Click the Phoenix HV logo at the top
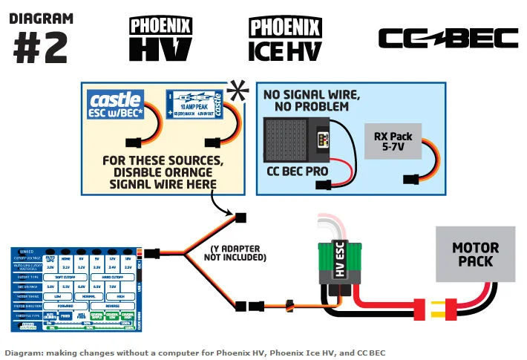pyautogui.click(x=161, y=39)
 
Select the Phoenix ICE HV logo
pyautogui.click(x=284, y=39)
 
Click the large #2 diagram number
pyautogui.click(x=41, y=47)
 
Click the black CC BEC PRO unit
pyautogui.click(x=297, y=140)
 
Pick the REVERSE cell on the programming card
pyautogui.click(x=114, y=305)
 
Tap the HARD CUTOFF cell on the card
pyautogui.click(x=114, y=275)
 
